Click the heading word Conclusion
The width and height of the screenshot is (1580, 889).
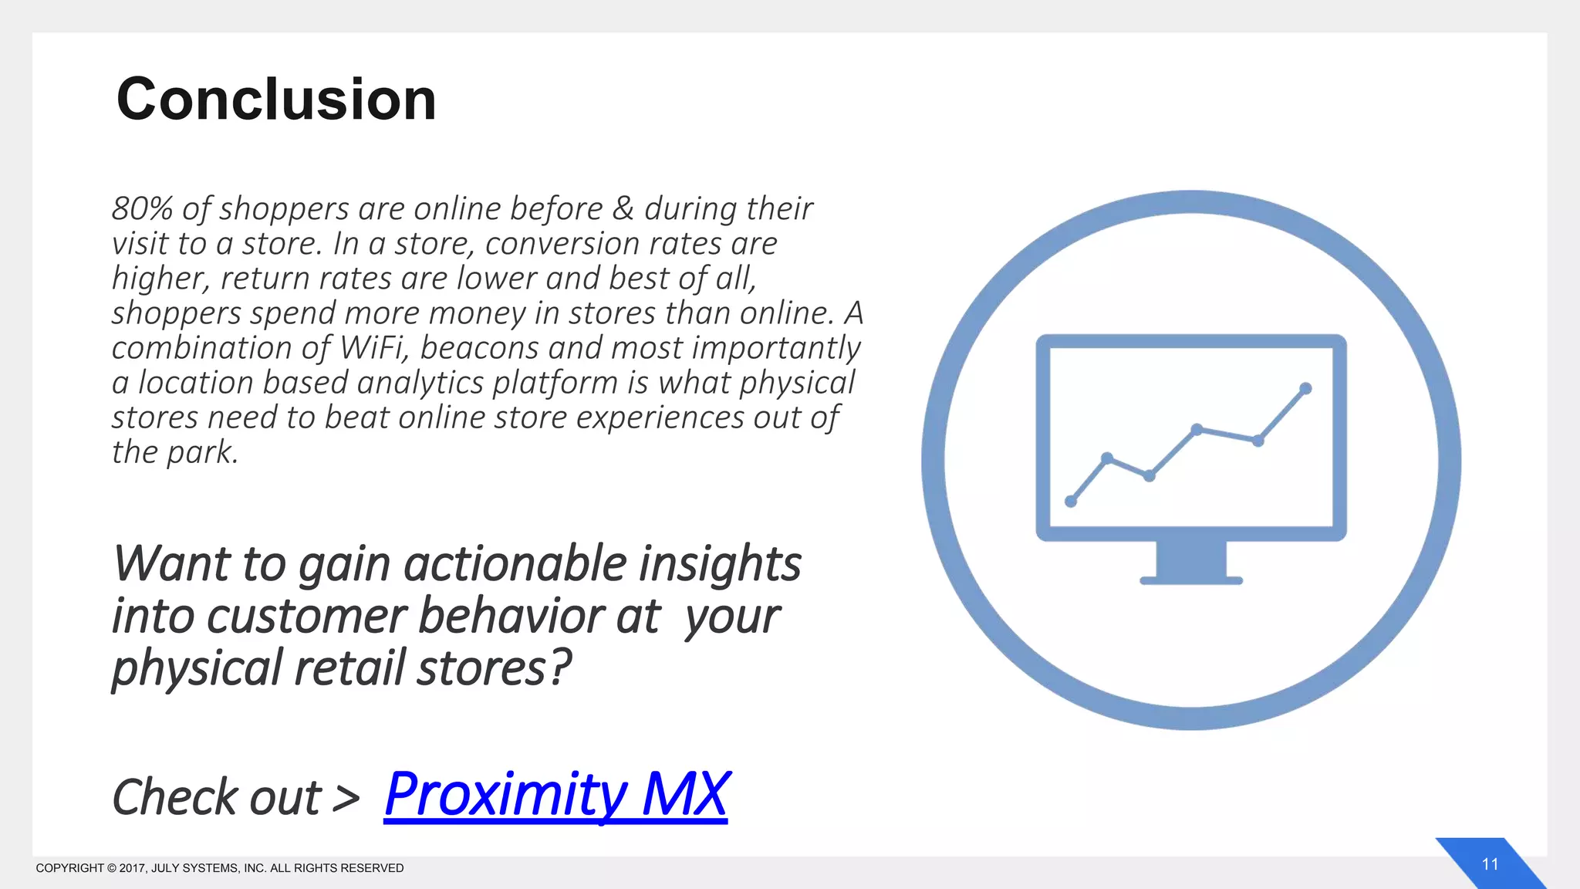pos(276,100)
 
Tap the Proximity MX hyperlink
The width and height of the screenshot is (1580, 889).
pos(555,795)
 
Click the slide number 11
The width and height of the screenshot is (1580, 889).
pos(1490,864)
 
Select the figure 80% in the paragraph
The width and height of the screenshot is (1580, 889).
pos(142,209)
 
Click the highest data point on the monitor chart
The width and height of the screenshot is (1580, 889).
pos(1305,388)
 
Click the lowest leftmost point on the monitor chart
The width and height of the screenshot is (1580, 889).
pos(1071,502)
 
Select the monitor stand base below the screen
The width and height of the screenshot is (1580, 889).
pos(1191,580)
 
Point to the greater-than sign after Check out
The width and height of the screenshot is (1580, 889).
pos(346,798)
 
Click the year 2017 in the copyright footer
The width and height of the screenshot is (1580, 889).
pos(131,868)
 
